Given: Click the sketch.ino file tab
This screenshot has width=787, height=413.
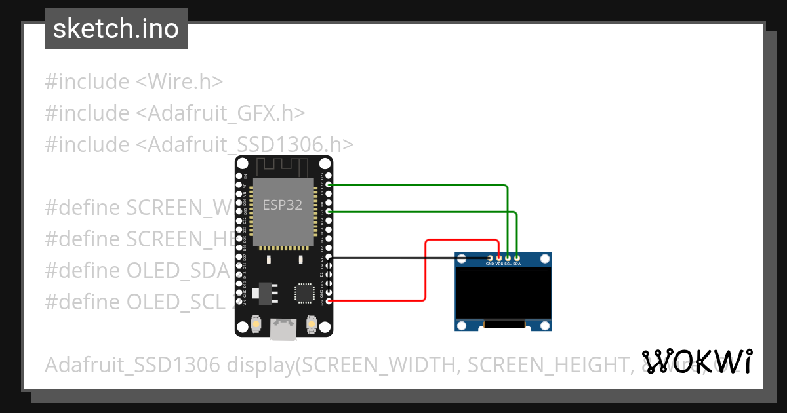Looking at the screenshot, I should click(x=115, y=29).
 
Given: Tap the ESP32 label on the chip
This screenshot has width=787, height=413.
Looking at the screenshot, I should click(x=282, y=205).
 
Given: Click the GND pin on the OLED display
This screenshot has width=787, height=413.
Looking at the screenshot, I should click(x=490, y=258).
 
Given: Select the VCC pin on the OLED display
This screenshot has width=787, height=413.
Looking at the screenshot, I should click(x=499, y=258).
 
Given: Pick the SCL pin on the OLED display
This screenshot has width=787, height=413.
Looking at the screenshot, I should click(x=508, y=258).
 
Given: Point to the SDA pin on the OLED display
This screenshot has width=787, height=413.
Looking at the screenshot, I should click(x=517, y=258).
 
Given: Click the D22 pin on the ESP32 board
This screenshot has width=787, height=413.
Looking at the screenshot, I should click(x=329, y=186).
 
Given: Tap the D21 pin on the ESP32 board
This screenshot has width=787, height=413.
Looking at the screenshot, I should click(x=329, y=212).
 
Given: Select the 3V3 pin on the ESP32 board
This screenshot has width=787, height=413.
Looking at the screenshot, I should click(x=329, y=301).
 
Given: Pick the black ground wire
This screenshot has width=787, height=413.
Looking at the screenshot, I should click(x=407, y=258).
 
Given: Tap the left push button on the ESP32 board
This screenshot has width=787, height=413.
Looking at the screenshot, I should click(x=255, y=323).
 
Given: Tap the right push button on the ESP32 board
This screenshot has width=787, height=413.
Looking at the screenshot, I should click(x=312, y=323).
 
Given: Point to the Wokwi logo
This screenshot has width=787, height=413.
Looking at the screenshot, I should click(x=697, y=361).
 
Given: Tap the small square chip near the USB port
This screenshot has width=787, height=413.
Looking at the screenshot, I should click(x=304, y=292).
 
